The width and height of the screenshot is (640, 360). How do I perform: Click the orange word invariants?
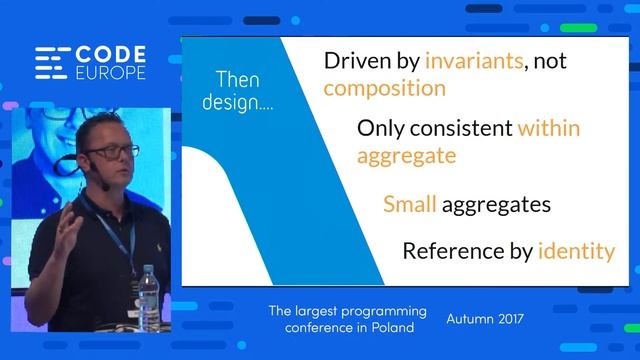click(474, 61)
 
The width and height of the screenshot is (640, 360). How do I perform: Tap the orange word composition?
click(384, 88)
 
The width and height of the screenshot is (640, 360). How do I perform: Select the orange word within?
click(548, 129)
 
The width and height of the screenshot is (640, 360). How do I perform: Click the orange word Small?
click(410, 205)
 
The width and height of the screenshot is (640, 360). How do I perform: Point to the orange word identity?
click(576, 251)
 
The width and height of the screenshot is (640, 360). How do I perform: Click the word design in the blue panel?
click(227, 103)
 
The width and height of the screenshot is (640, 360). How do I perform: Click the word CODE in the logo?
click(111, 55)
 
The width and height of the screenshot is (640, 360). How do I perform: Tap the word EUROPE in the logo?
click(111, 74)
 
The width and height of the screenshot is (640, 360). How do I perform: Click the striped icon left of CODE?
click(51, 64)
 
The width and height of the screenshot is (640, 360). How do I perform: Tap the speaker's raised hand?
click(67, 229)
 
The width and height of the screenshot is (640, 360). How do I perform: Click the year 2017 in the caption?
click(505, 320)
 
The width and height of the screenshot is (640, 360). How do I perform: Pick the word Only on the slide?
click(383, 129)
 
